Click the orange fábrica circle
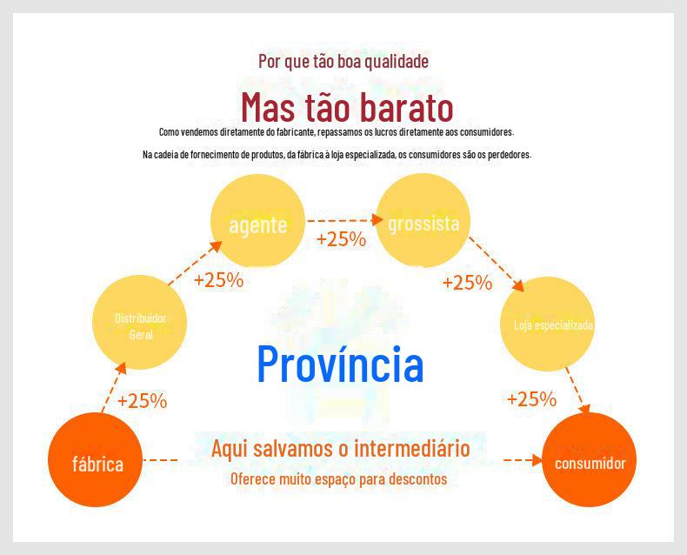click(x=95, y=460)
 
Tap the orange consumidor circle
click(x=589, y=460)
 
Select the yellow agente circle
click(x=257, y=221)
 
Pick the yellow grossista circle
click(x=424, y=220)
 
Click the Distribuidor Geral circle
click(x=140, y=322)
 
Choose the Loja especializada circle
click(x=548, y=324)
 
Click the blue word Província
click(x=340, y=364)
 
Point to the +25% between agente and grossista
click(x=341, y=239)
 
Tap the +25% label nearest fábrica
click(x=143, y=401)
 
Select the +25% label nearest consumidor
click(x=531, y=399)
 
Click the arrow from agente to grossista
click(x=345, y=219)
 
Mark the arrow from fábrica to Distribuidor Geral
click(x=114, y=387)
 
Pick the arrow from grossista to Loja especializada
click(x=497, y=264)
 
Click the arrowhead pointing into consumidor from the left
click(x=537, y=460)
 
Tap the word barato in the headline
click(x=403, y=107)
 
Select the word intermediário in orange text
click(x=412, y=448)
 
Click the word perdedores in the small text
click(x=510, y=155)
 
